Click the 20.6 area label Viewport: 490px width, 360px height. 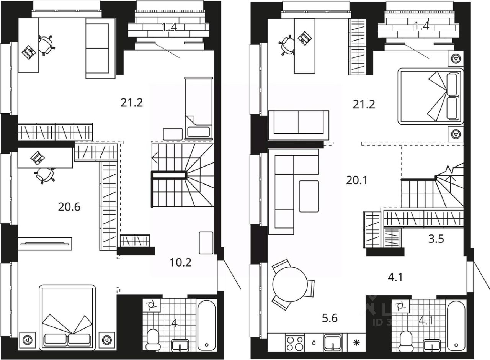tap(69, 207)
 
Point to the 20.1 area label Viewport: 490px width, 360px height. tap(356, 180)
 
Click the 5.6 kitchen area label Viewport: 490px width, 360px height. tap(330, 318)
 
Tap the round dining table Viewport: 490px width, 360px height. tap(290, 284)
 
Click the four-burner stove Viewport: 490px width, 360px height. tap(294, 342)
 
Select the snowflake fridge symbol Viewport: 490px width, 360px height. tap(356, 342)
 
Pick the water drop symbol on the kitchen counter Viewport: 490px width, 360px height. tap(314, 342)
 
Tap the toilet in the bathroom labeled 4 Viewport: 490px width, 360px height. tap(153, 340)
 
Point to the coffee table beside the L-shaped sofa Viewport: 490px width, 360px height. tap(309, 196)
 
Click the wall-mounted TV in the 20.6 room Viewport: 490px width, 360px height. tap(45, 243)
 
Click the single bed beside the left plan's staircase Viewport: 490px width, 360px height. tap(198, 108)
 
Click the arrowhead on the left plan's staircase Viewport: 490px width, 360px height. tap(155, 157)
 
